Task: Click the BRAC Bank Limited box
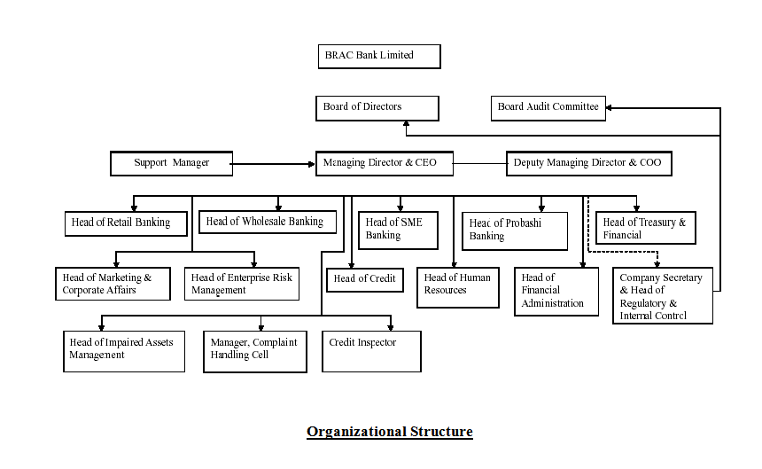pos(378,56)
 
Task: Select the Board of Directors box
pos(377,108)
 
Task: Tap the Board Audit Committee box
pos(548,108)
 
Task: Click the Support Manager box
pos(172,163)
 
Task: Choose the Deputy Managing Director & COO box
pos(588,163)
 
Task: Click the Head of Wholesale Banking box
pos(268,222)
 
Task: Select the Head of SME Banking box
pos(399,230)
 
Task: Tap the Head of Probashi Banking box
pos(514,231)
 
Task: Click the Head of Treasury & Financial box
pos(646,228)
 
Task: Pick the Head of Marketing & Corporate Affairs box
pos(115,284)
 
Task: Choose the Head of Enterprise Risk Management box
pos(242,284)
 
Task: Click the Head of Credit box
pos(365,279)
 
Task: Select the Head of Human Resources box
pos(457,287)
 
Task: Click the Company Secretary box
pos(661,296)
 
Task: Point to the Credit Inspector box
pos(371,350)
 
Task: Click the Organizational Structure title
pos(390,432)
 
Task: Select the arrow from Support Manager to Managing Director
pos(275,163)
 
